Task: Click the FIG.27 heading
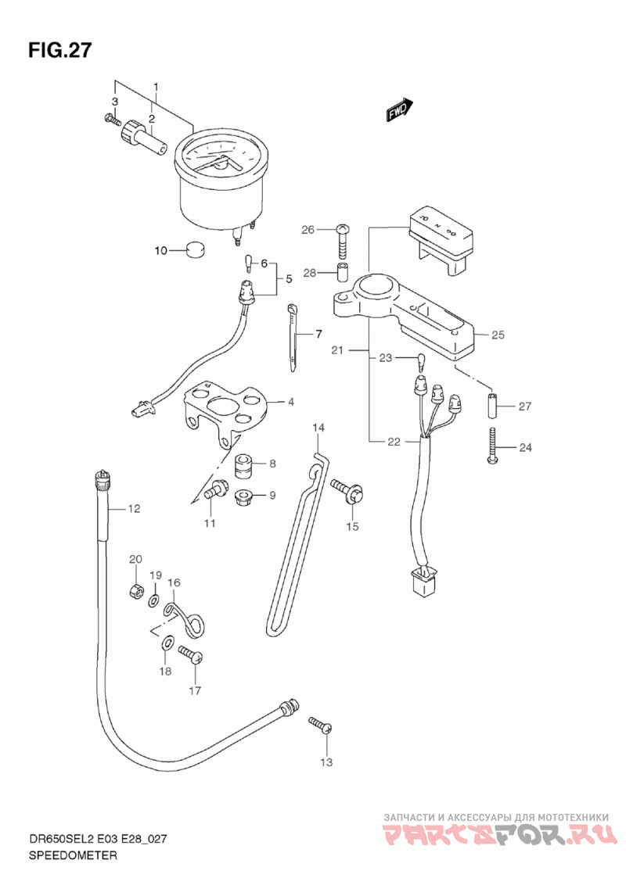coord(61,50)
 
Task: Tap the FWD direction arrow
coord(399,111)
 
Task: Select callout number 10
coord(160,251)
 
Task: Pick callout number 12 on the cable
coord(134,509)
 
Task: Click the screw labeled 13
coord(320,725)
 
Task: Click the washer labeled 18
coord(167,644)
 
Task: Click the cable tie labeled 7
coord(294,336)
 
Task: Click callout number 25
coord(498,335)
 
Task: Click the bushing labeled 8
coord(243,466)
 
